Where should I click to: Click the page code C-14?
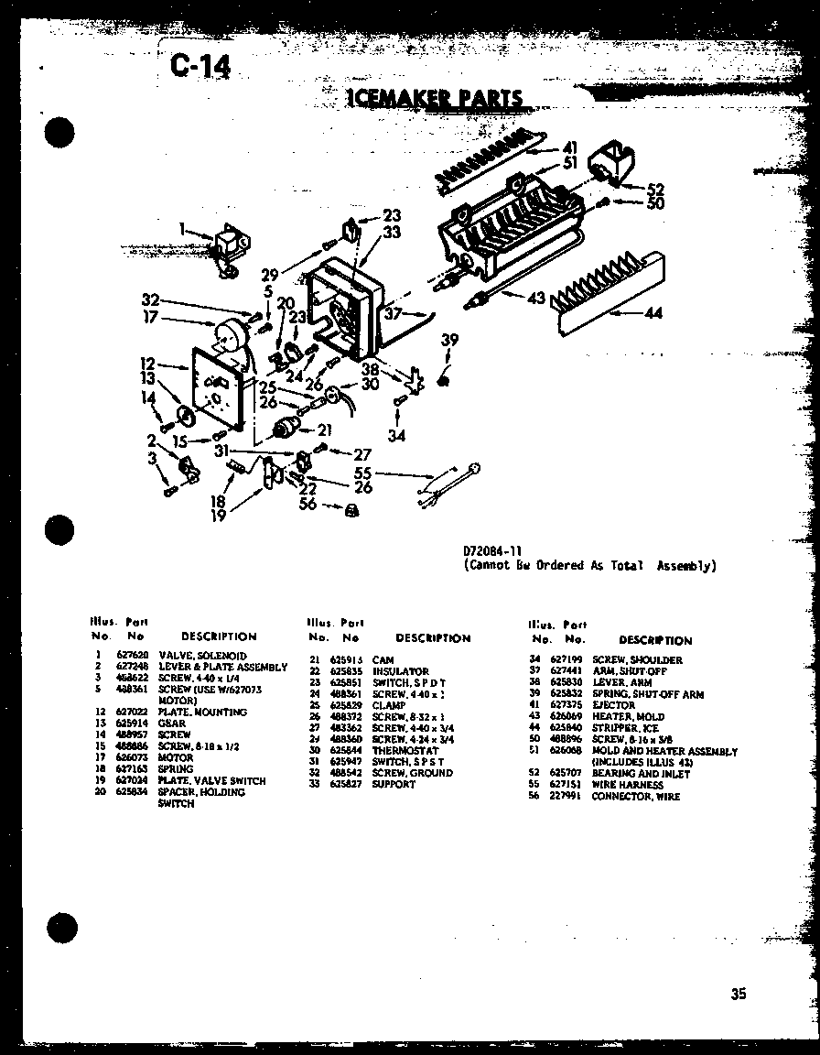[200, 65]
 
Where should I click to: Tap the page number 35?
[739, 994]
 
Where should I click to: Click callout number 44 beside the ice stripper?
[653, 313]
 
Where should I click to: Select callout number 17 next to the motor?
[151, 318]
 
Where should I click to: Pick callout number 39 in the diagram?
[448, 341]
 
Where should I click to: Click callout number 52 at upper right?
[654, 190]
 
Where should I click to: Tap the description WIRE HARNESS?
[627, 785]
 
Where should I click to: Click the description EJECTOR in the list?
[613, 705]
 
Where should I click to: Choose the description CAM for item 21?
[383, 659]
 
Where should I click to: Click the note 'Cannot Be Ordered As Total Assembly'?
[590, 565]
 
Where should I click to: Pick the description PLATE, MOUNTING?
[202, 712]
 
